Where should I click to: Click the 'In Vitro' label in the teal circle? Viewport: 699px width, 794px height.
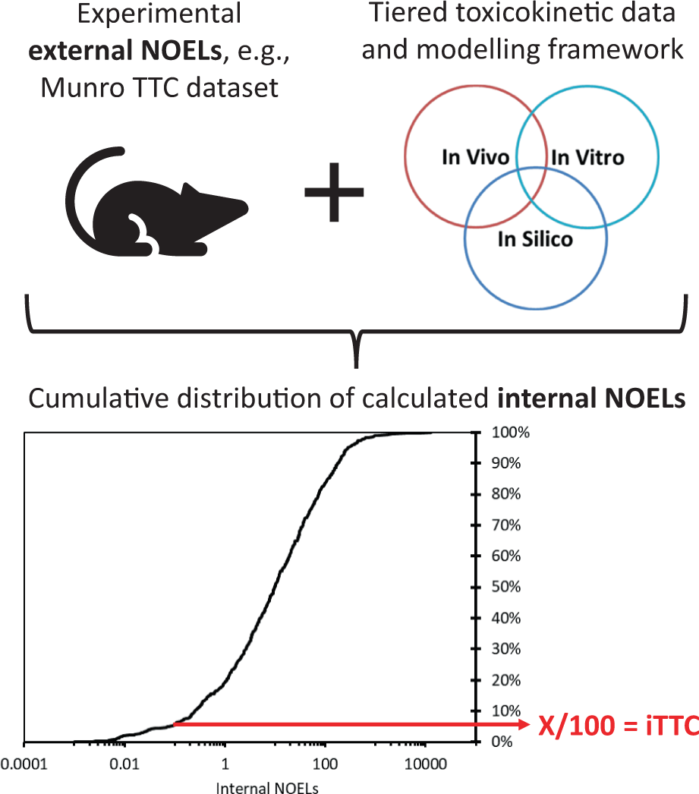click(x=587, y=157)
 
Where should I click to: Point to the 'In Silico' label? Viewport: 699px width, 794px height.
click(x=535, y=240)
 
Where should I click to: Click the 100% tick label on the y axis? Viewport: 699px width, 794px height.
click(x=505, y=433)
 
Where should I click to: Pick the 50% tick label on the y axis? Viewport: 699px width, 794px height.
click(x=502, y=587)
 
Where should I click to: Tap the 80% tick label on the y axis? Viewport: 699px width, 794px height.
click(x=502, y=494)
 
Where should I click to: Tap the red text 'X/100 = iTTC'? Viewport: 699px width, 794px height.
click(x=618, y=726)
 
